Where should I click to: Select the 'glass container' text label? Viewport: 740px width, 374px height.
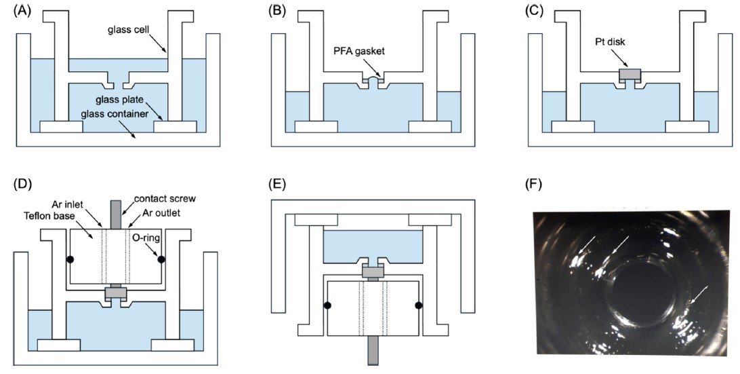117,115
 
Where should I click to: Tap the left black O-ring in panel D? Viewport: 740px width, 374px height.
69,259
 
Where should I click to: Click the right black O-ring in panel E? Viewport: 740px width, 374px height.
419,306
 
